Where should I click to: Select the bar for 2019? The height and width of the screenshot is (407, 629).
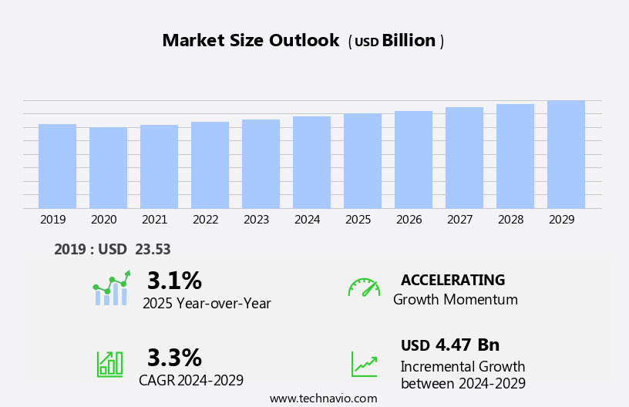coord(57,166)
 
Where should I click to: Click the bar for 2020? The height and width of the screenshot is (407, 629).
coord(108,167)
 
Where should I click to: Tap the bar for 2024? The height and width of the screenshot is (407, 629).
coord(311,162)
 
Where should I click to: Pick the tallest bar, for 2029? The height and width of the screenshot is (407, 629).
coord(566,154)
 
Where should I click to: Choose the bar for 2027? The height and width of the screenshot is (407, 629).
coord(464,157)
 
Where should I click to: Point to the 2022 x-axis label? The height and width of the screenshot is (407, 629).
coord(205,220)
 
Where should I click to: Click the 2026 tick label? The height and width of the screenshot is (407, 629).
coord(409,220)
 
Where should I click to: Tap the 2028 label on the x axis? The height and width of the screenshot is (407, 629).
coord(510,220)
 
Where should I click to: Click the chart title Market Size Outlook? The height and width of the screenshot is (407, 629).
coord(251,41)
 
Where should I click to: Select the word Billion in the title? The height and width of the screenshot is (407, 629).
coord(409,41)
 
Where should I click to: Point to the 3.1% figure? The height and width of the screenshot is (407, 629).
coord(174,281)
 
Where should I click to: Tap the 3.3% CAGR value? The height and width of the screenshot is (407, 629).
coord(174,358)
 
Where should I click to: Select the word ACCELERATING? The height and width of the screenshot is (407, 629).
coord(452,280)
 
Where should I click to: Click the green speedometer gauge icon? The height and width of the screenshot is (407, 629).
coord(364,288)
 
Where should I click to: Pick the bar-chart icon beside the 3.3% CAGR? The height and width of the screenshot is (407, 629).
coord(109,363)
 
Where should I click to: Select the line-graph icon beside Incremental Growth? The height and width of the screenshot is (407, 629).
coord(364,364)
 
